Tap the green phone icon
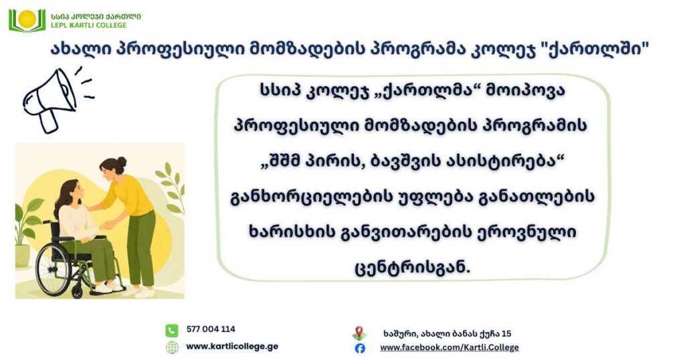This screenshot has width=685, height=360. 172,330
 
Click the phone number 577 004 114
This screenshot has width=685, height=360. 211,329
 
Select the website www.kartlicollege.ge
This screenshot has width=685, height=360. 232,347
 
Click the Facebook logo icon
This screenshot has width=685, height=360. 359,348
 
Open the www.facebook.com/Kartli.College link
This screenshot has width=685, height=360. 450,347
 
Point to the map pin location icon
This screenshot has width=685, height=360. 359,333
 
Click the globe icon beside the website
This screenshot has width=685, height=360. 172,347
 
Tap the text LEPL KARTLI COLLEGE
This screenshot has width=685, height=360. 89,25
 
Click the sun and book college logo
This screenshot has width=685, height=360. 27,20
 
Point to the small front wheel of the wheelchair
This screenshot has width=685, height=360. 78,291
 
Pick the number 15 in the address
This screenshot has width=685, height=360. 506,333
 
